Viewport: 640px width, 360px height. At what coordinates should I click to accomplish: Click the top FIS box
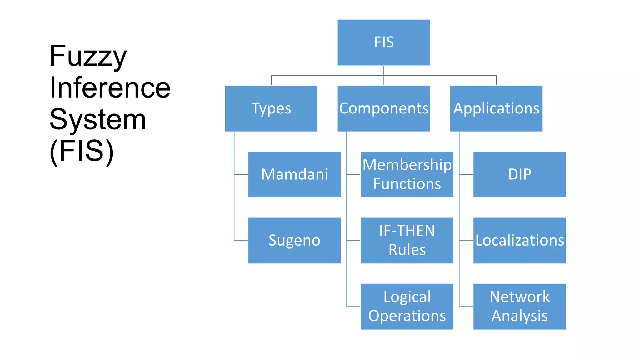[x=383, y=42]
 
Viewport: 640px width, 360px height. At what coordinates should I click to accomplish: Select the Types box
[x=271, y=108]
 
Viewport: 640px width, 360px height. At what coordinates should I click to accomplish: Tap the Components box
[x=383, y=108]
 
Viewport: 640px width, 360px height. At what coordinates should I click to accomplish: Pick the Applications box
[x=496, y=108]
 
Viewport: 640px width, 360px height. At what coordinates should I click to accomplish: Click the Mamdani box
[x=294, y=174]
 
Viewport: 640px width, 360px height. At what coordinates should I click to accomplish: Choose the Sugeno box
[x=294, y=240]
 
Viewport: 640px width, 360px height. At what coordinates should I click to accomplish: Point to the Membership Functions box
[x=407, y=174]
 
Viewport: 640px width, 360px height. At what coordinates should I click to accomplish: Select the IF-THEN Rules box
[x=407, y=240]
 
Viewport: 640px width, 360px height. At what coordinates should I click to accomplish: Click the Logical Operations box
[x=407, y=306]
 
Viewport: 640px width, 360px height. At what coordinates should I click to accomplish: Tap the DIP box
[x=519, y=174]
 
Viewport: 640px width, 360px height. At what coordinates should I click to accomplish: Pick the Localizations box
[x=519, y=240]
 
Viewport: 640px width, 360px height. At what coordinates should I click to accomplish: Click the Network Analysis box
[x=519, y=306]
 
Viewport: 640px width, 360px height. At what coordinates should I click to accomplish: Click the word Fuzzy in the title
[x=88, y=56]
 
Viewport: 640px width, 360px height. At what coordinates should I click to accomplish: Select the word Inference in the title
[x=110, y=88]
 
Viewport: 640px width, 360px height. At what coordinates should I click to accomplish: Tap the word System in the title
[x=97, y=119]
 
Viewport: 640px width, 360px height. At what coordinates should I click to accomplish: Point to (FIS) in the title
[x=82, y=151]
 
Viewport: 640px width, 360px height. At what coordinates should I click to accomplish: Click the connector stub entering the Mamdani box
[x=241, y=175]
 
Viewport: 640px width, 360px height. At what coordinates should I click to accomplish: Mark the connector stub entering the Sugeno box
[x=241, y=241]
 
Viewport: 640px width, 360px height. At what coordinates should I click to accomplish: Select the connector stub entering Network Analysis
[x=466, y=307]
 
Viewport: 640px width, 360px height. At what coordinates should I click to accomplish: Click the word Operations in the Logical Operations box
[x=407, y=316]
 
